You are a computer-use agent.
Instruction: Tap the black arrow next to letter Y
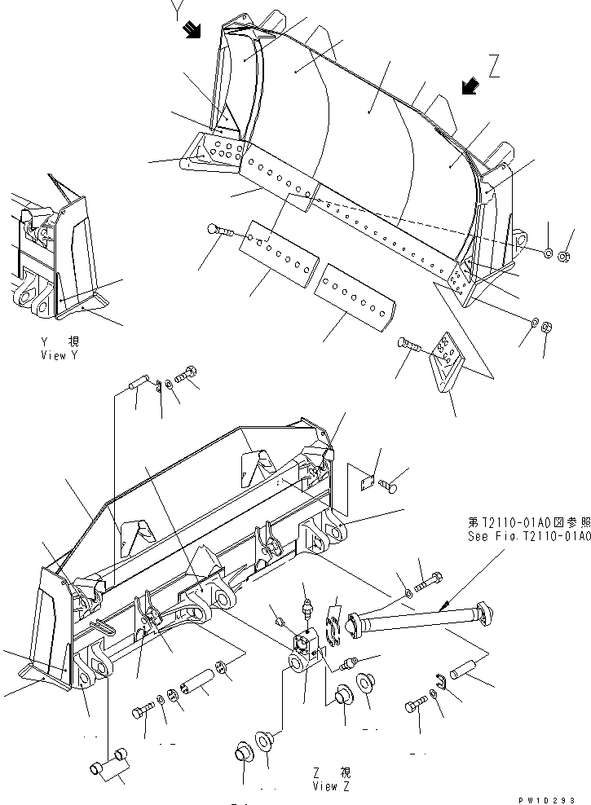(193, 31)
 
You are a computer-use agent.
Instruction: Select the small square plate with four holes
(367, 482)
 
